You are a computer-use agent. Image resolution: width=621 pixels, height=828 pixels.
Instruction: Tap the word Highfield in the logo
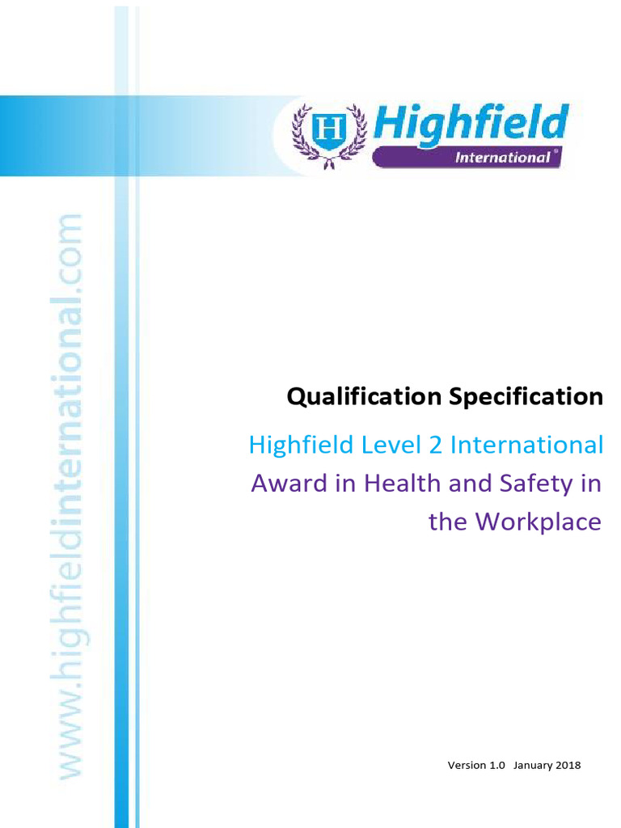[x=470, y=123]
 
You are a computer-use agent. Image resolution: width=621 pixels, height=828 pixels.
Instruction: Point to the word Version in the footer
[x=467, y=765]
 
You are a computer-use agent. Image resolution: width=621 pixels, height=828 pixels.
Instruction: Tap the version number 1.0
[x=497, y=765]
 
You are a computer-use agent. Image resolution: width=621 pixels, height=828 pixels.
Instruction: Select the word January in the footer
[x=532, y=765]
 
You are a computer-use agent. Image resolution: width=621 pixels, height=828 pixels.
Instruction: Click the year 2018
[x=568, y=765]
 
